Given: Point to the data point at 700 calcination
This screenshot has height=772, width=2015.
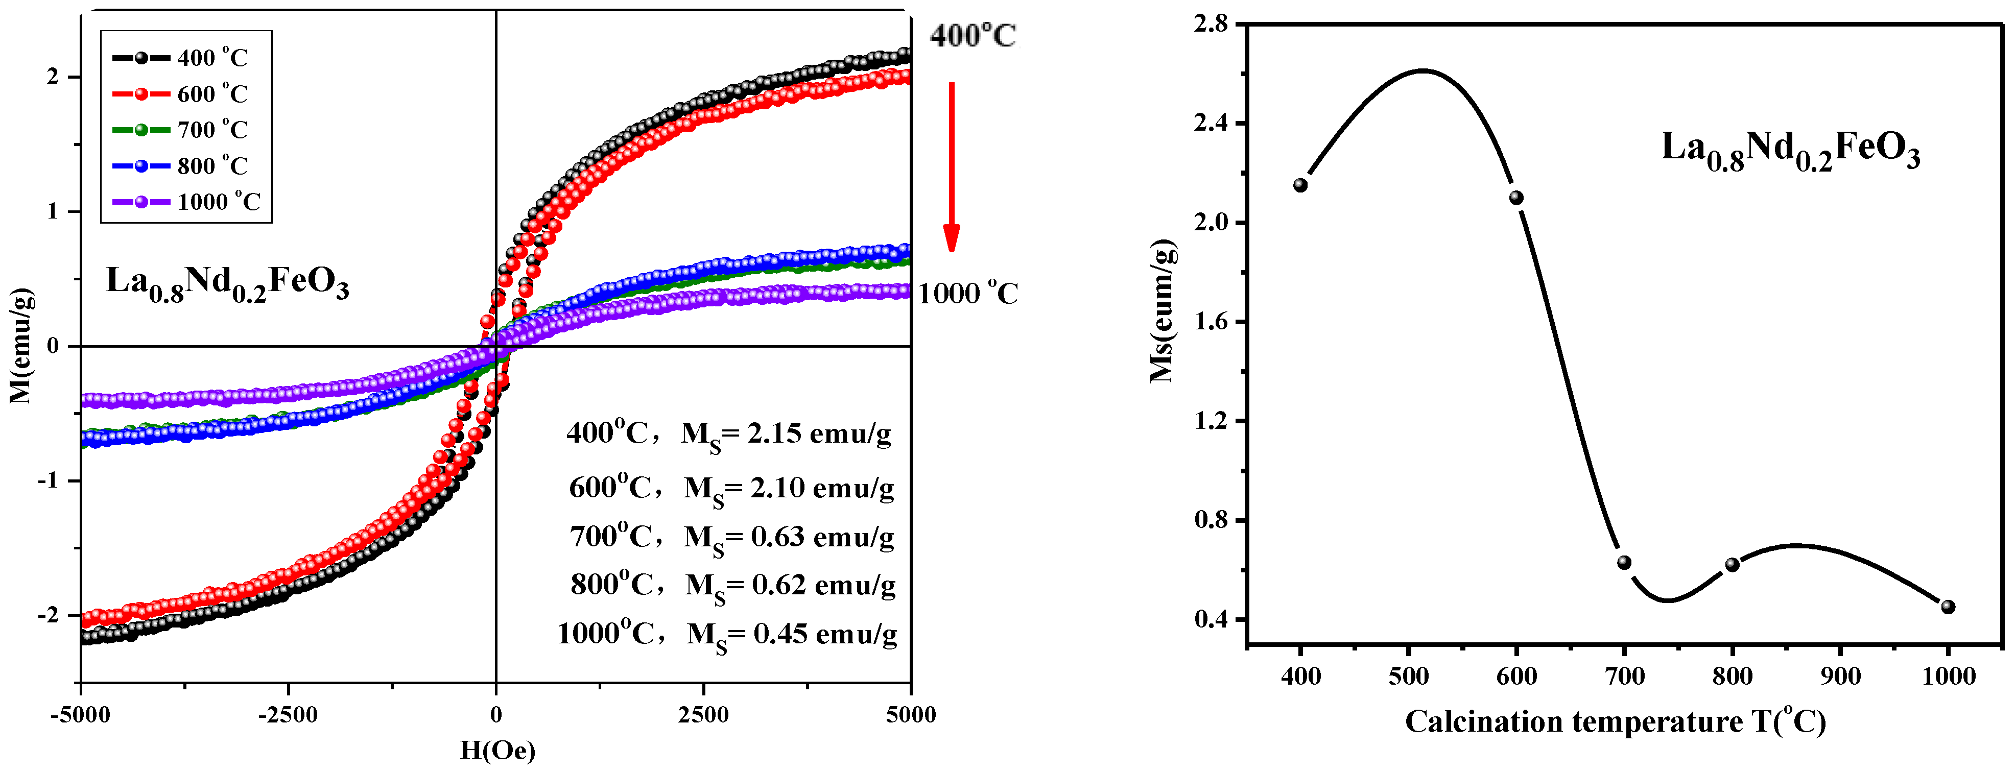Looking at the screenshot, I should [x=1624, y=562].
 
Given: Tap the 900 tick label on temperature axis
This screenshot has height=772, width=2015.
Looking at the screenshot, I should [x=1840, y=677].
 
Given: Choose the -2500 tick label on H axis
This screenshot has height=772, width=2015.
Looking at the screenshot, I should [x=288, y=715].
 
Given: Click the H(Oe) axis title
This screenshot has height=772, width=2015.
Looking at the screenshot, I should [x=497, y=751].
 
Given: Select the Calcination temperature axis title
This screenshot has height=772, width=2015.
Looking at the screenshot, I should [x=1615, y=721].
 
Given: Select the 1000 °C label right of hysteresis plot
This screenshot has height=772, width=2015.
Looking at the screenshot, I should [x=967, y=294].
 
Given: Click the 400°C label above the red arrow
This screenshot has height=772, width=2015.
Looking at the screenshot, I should [x=973, y=36].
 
